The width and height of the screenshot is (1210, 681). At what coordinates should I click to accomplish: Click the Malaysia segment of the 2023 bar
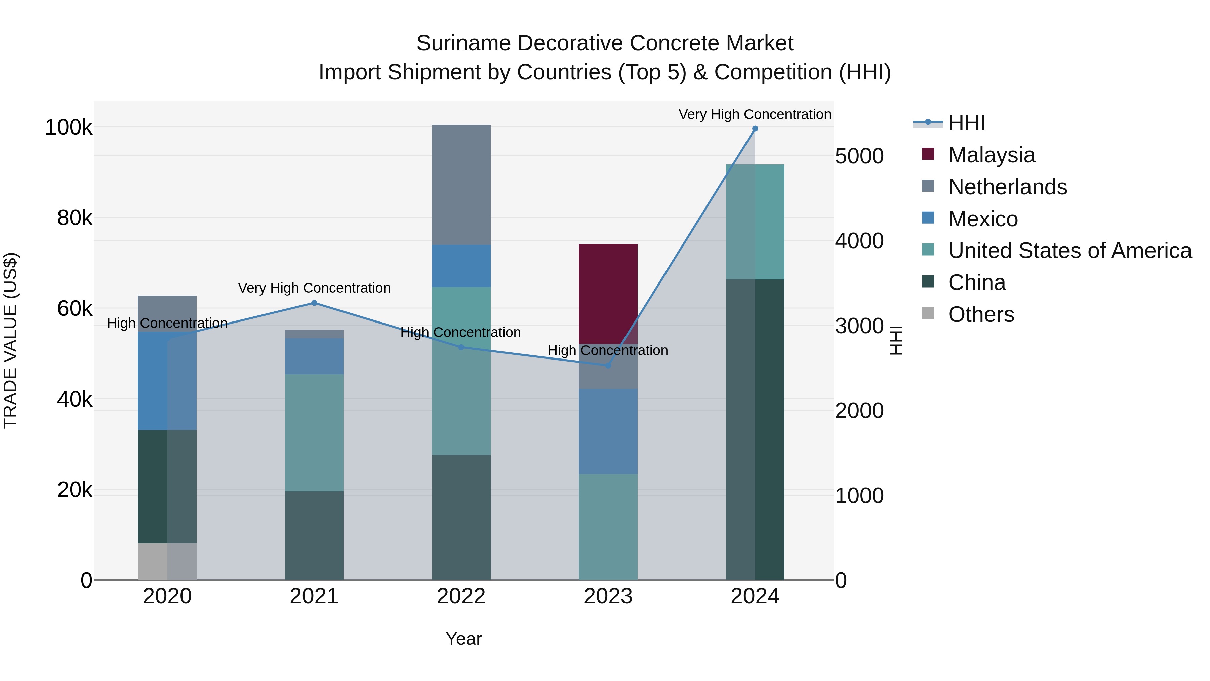[x=608, y=294]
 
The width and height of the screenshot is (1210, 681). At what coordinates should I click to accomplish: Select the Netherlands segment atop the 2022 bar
[x=461, y=185]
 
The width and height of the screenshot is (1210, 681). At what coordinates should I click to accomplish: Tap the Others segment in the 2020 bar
[x=167, y=561]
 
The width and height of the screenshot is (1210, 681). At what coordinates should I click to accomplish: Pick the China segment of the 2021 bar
[x=314, y=535]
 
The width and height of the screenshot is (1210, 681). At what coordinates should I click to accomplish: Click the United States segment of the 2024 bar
[x=755, y=222]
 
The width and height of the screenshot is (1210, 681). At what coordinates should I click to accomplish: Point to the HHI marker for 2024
[x=755, y=129]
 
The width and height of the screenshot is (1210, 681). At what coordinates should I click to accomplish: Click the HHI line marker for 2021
[x=314, y=303]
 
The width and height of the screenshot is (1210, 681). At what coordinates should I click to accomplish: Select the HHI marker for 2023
[x=608, y=365]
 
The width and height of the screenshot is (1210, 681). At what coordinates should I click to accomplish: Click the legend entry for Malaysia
[x=991, y=155]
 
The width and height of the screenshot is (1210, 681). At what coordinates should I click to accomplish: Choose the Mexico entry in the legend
[x=983, y=219]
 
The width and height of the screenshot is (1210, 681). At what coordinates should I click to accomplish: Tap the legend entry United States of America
[x=1070, y=251]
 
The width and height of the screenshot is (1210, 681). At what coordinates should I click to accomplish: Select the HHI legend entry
[x=966, y=123]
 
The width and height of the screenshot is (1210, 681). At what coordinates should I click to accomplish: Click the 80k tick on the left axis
[x=75, y=218]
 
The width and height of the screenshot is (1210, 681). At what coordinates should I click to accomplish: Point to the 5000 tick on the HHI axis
[x=859, y=156]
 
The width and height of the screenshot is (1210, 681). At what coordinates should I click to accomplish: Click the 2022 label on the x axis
[x=461, y=596]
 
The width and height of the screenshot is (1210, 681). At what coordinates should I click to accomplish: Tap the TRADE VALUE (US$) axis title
[x=10, y=340]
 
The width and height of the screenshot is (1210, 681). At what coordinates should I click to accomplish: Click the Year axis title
[x=463, y=639]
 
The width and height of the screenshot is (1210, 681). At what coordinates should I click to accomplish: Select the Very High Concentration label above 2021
[x=314, y=288]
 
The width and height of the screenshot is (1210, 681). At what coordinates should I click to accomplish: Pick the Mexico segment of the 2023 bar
[x=608, y=431]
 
